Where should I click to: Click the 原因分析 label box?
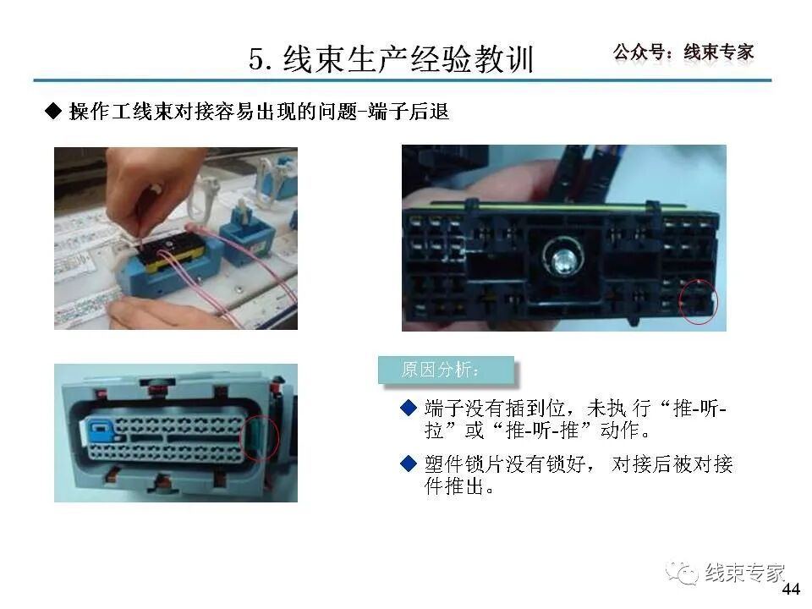coord(446,370)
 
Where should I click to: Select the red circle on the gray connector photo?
coord(261,436)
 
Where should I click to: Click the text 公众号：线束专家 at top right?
coord(683,52)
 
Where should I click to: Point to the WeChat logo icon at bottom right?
coord(683,573)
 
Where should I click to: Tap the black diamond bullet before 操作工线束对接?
coord(53,112)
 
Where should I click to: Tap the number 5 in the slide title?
coord(257,59)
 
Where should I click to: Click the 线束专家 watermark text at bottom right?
coord(744,573)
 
